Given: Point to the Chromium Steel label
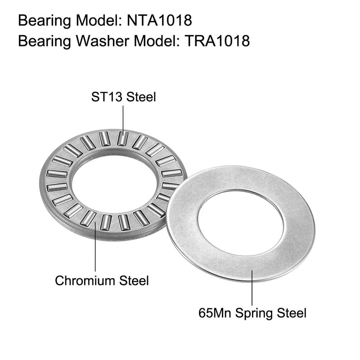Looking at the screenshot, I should click(x=102, y=281).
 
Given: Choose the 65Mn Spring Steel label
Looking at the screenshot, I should click(x=253, y=312).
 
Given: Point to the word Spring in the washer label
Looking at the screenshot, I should click(x=257, y=313).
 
